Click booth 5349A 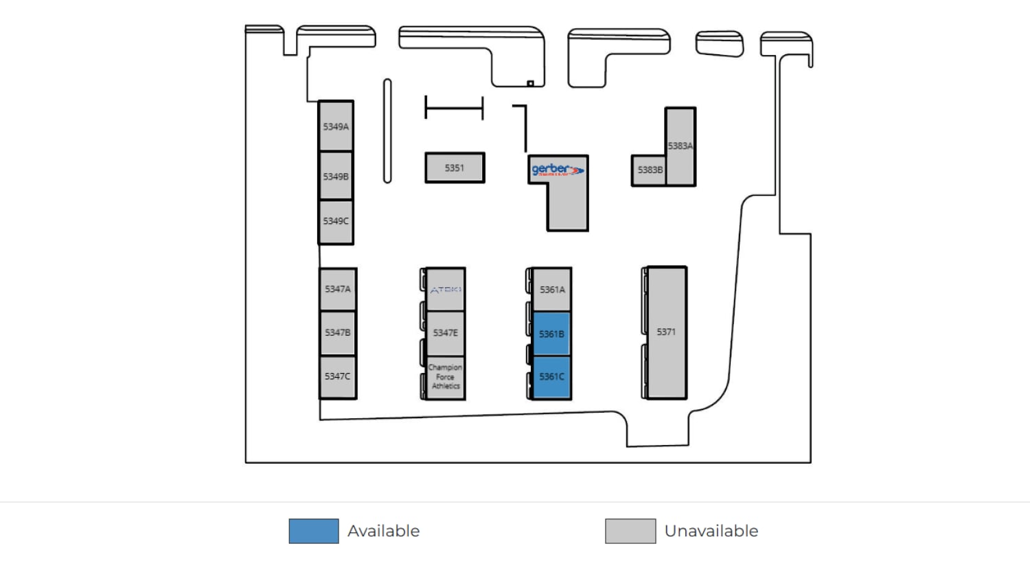coord(336,126)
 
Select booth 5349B coord(336,177)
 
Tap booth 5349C coord(336,221)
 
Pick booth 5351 coord(455,168)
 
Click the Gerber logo coord(557,170)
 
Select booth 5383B coord(649,170)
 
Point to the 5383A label coord(680,146)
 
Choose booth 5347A coord(338,289)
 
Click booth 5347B coord(338,332)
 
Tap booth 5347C coord(338,376)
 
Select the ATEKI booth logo coord(446,290)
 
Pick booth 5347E coord(446,333)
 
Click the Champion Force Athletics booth coord(446,377)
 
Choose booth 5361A coord(552,290)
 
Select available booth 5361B coord(551,334)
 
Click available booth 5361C coord(551,376)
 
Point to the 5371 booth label coord(666,332)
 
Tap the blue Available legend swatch coord(314,531)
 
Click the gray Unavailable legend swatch coord(630,531)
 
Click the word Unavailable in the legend coord(711,531)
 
